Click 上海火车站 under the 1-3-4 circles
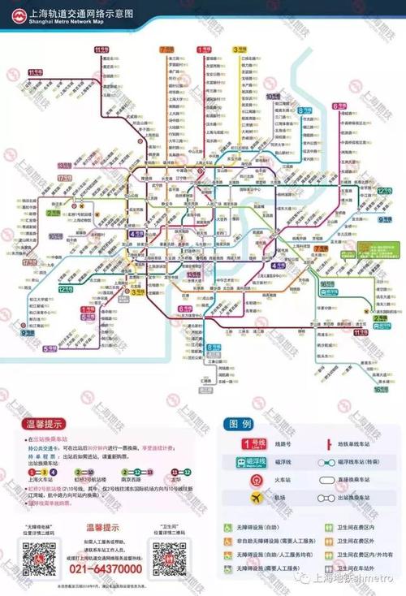39,481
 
